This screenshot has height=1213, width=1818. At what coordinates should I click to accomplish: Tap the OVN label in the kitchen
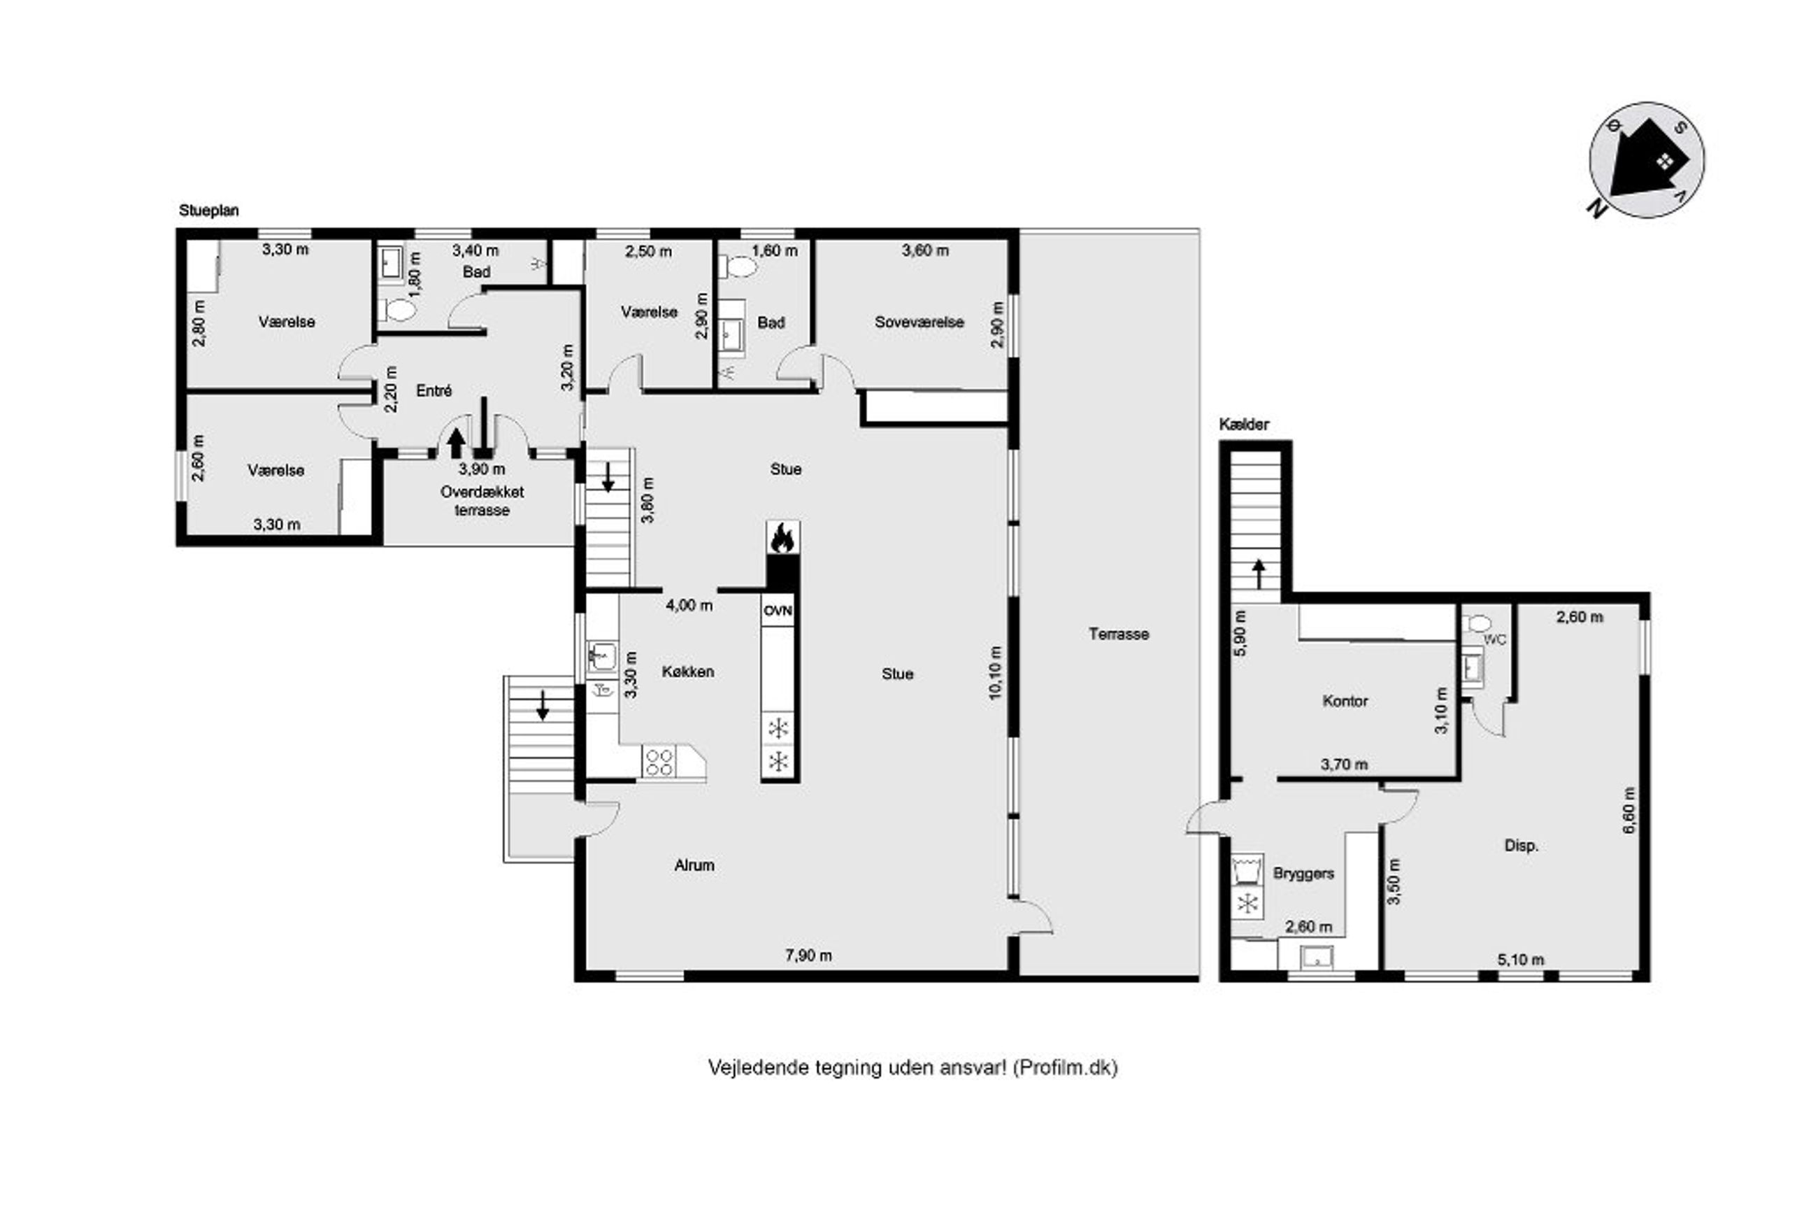tap(778, 611)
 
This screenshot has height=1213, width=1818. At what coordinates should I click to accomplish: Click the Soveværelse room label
tap(919, 322)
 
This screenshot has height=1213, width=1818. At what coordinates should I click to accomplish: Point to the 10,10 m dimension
tap(994, 672)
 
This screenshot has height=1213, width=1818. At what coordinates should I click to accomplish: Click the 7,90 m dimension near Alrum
tap(809, 956)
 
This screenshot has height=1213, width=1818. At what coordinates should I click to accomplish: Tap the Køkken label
tap(687, 672)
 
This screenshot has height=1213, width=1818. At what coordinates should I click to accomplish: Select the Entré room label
tap(434, 390)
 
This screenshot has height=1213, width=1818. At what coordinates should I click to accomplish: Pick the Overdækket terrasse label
tap(482, 500)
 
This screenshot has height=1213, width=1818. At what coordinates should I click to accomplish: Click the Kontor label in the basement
tap(1345, 701)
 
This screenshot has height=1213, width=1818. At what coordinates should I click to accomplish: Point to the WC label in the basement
tap(1495, 640)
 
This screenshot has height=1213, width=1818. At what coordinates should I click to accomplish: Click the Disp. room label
tap(1521, 846)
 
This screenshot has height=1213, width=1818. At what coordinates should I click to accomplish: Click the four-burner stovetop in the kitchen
tap(659, 761)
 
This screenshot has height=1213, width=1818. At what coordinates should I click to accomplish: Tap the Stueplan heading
tap(209, 211)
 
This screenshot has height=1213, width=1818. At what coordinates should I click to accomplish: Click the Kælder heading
tap(1244, 424)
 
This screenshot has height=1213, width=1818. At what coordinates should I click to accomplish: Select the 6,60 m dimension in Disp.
tap(1629, 810)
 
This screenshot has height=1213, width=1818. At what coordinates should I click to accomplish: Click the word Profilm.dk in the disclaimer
tap(1065, 1067)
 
